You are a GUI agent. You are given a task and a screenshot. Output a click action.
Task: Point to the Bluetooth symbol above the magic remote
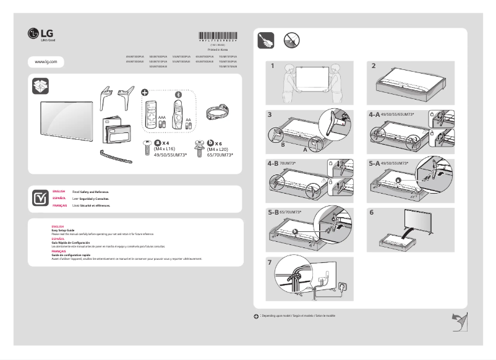pyautogui.click(x=179, y=95)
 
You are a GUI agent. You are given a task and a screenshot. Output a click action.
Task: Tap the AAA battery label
pyautogui.click(x=162, y=116)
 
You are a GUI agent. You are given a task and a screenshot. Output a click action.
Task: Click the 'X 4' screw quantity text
pyautogui.click(x=166, y=143)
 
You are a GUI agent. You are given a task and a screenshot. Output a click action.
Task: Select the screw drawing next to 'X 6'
pyautogui.click(x=200, y=147)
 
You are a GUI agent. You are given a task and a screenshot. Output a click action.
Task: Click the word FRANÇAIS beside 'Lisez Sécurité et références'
pyautogui.click(x=59, y=205)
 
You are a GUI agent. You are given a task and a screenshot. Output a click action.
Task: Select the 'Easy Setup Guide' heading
pyautogui.click(x=62, y=229)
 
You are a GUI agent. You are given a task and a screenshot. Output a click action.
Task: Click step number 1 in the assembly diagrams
pyautogui.click(x=270, y=66)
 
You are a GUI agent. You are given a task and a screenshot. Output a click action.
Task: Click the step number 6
pyautogui.click(x=372, y=212)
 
